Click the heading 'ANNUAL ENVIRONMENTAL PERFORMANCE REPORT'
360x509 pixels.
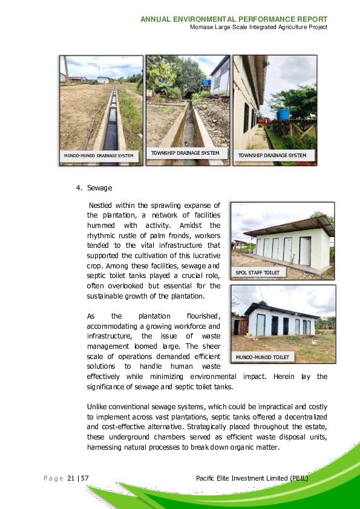coord(234,19)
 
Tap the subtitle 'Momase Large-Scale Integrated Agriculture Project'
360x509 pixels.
coord(258,27)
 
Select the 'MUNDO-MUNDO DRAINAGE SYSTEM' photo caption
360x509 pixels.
coord(99,156)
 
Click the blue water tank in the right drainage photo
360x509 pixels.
coord(283,114)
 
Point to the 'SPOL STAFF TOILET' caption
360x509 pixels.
coord(257,273)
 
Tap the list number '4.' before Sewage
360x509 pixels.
coord(79,188)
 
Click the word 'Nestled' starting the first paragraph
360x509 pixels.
coord(100,206)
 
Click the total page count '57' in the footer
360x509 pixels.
coord(85,479)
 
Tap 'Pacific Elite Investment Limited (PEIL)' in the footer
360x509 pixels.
coord(252,479)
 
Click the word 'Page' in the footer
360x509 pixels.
coord(53,479)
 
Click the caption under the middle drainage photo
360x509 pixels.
coord(185,154)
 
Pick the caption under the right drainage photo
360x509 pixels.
coord(272,155)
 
